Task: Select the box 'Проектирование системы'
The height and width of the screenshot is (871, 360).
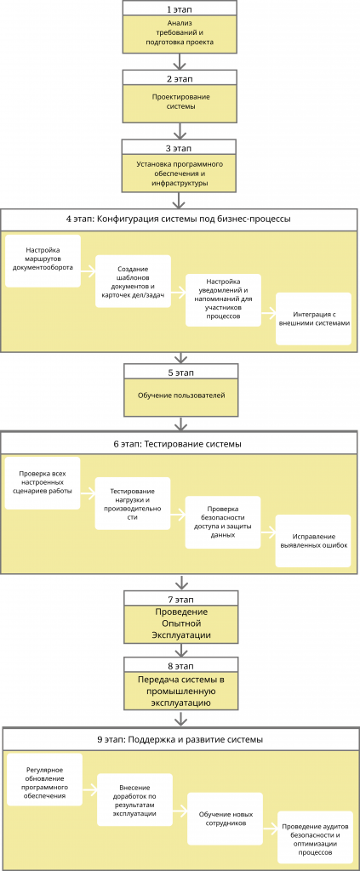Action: (180, 102)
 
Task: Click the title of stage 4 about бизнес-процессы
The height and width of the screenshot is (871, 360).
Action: (180, 219)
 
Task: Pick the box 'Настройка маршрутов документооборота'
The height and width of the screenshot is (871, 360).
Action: (43, 261)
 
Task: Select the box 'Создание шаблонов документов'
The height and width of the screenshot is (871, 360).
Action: (133, 281)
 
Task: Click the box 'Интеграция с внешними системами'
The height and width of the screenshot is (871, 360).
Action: (314, 319)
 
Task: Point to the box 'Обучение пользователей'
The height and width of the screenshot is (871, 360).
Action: (180, 396)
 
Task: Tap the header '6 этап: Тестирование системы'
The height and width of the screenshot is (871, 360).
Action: (180, 444)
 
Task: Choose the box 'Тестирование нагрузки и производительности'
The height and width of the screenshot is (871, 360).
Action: (132, 504)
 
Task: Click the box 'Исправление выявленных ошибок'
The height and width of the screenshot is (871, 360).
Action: (314, 541)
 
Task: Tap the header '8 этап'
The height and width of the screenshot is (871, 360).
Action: (180, 664)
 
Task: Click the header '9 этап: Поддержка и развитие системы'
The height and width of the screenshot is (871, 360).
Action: (180, 739)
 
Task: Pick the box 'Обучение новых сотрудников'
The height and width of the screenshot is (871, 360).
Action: (225, 818)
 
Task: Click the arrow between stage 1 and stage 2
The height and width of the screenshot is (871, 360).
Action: (180, 60)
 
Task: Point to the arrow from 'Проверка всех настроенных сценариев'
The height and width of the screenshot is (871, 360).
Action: (87, 492)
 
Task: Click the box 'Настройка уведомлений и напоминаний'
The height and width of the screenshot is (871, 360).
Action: (223, 300)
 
